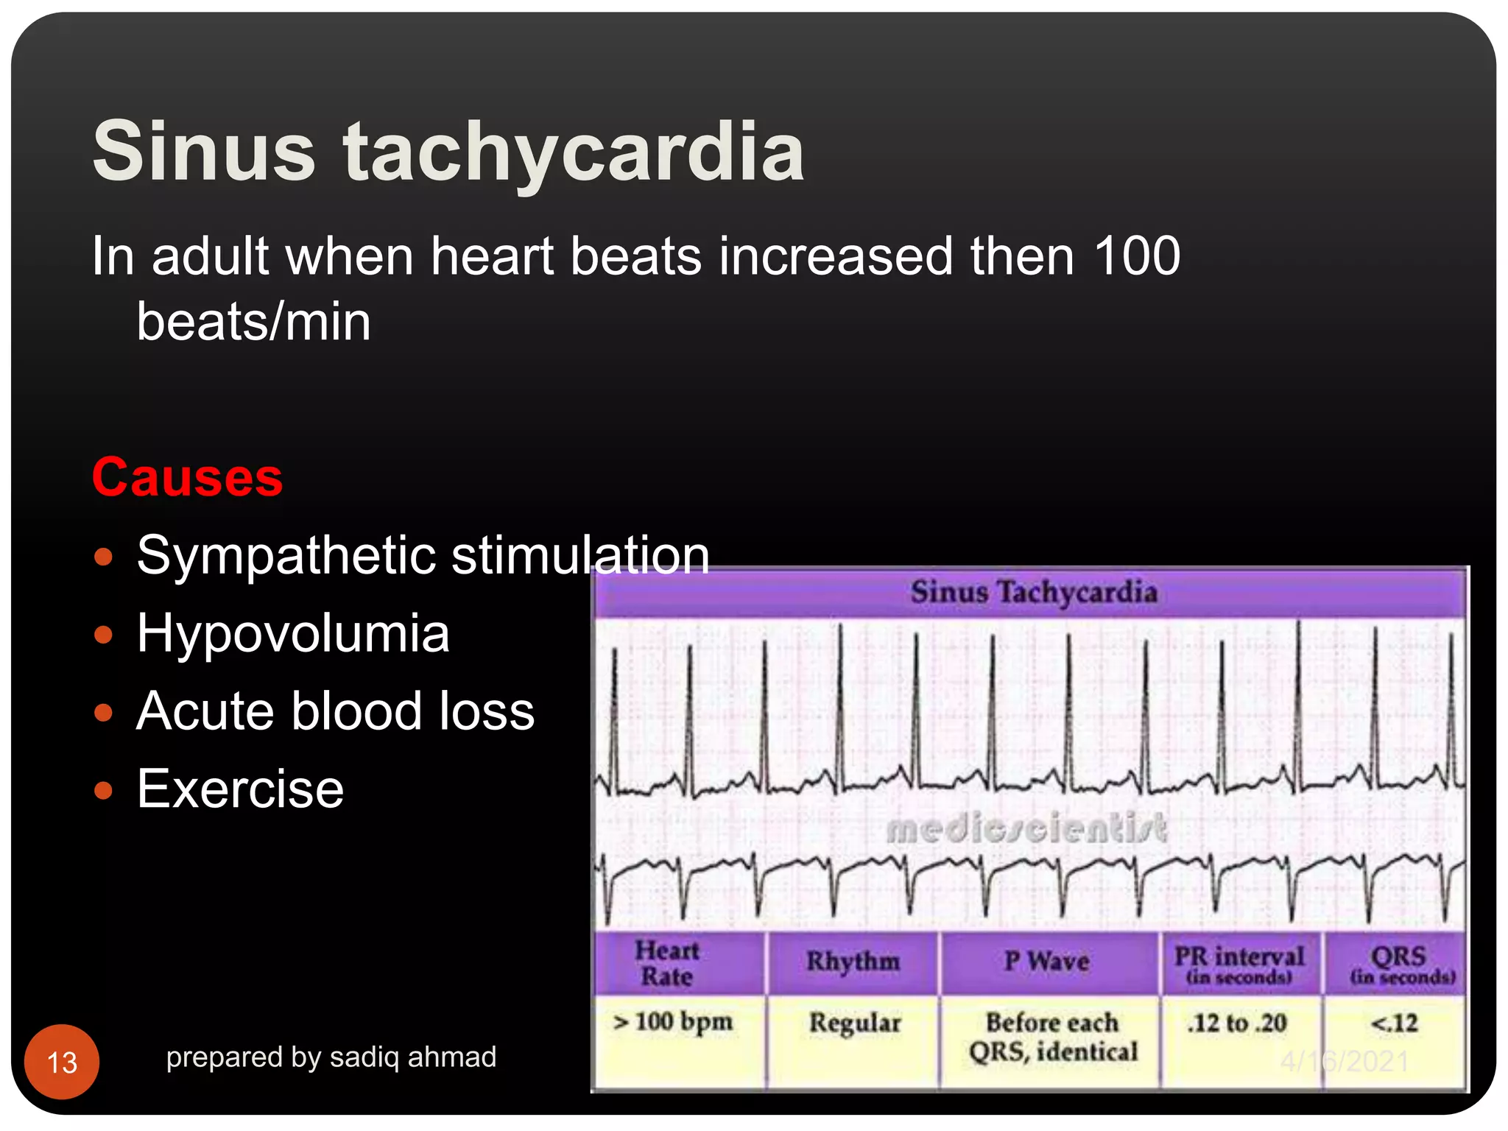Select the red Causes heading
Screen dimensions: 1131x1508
click(x=187, y=477)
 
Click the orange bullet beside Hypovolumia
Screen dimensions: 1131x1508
click(x=104, y=634)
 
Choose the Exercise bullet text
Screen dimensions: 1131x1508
click(x=240, y=789)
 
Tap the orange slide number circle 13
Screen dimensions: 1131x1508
click(x=62, y=1062)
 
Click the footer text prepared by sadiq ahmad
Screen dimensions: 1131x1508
click(x=331, y=1057)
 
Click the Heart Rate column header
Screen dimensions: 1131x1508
click(x=667, y=963)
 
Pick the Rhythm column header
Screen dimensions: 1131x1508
click(x=853, y=962)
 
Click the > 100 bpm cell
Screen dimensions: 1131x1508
click(x=674, y=1022)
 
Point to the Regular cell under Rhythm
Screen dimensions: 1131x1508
click(x=854, y=1023)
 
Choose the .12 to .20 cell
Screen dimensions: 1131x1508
click(x=1237, y=1023)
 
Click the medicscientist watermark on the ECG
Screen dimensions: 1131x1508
click(x=1026, y=828)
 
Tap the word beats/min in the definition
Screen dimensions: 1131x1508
click(x=253, y=323)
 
